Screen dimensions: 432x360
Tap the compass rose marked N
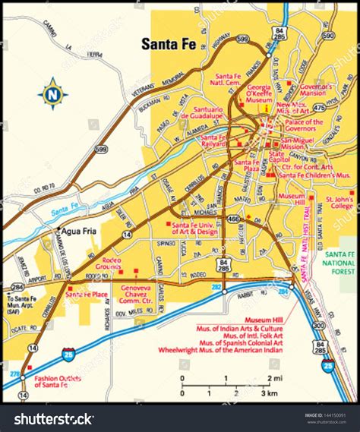[x=52, y=94]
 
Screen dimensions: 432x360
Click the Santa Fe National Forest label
[x=341, y=266]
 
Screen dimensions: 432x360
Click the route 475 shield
[x=319, y=109]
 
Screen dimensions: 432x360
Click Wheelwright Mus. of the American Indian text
[x=219, y=351]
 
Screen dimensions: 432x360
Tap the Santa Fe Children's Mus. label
[x=314, y=175]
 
